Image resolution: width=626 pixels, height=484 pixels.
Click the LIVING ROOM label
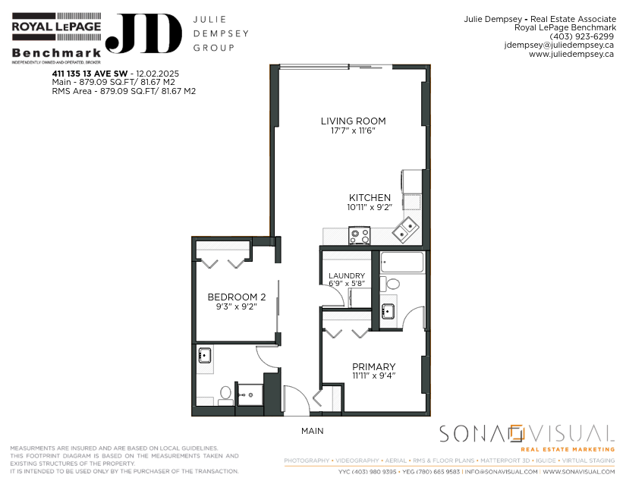354,121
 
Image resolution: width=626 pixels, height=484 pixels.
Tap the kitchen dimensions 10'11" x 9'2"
370,207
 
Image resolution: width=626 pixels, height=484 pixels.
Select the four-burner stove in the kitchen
360,235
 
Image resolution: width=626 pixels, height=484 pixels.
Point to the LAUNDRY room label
347,275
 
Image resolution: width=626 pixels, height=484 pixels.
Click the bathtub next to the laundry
401,262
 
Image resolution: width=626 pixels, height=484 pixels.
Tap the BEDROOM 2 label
237,297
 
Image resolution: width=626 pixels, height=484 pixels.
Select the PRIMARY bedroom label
373,366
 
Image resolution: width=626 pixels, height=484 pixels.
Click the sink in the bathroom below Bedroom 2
205,355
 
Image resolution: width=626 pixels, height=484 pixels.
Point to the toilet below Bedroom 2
225,394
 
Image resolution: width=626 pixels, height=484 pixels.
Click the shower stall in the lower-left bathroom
250,394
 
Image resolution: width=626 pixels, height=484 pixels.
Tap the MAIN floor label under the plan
312,431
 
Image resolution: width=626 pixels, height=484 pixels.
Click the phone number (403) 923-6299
582,36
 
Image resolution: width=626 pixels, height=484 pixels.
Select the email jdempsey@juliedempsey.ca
559,45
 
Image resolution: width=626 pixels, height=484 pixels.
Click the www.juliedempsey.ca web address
571,54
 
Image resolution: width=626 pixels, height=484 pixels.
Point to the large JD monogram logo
144,33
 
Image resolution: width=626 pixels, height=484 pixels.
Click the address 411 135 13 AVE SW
90,74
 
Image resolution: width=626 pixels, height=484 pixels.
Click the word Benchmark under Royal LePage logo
56,52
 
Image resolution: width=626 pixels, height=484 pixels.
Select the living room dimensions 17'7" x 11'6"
354,130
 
